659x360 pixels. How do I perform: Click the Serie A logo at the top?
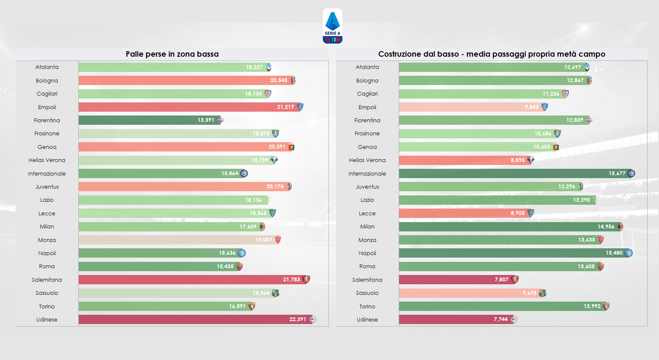click(332, 26)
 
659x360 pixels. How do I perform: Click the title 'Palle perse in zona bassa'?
click(172, 54)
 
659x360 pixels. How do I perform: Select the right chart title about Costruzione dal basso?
click(491, 54)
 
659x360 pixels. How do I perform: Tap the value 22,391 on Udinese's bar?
click(298, 319)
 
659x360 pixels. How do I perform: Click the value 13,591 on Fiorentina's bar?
click(206, 120)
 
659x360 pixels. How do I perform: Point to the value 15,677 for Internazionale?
click(617, 173)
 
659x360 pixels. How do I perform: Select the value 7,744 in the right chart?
click(501, 319)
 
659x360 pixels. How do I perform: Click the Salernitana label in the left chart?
click(47, 280)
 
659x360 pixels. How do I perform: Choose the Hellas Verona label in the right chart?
click(367, 160)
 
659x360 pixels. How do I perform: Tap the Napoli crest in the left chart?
click(242, 253)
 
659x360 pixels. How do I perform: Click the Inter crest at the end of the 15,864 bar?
click(244, 173)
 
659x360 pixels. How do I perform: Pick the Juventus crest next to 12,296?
click(581, 187)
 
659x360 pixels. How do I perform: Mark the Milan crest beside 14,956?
click(620, 227)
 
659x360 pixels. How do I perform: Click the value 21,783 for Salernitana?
click(291, 280)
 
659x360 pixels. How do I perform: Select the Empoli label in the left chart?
click(47, 107)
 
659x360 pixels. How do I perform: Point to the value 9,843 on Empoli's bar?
click(532, 107)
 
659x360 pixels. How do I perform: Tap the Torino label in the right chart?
click(367, 306)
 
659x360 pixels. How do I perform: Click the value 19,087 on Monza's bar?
click(263, 240)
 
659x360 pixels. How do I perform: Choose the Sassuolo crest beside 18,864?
click(276, 293)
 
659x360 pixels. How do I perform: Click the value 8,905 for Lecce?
click(517, 213)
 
